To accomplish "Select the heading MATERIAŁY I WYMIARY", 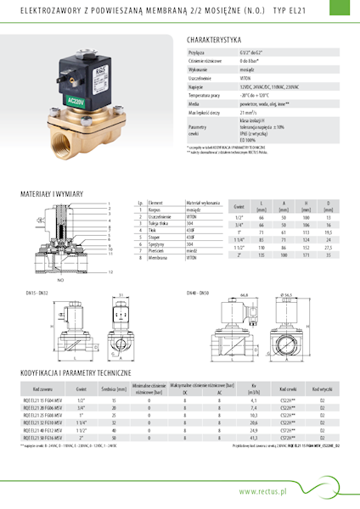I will tap(53, 193).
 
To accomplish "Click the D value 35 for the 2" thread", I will tap(328, 255).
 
